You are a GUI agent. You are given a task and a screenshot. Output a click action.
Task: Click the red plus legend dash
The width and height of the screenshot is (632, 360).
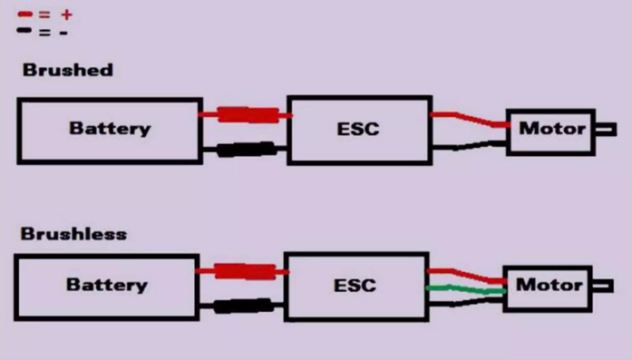click(x=25, y=15)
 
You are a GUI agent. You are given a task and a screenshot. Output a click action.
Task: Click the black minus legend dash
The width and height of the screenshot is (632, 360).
click(x=25, y=31)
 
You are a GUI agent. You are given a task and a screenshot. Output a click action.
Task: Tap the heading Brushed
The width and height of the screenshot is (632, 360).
click(x=67, y=70)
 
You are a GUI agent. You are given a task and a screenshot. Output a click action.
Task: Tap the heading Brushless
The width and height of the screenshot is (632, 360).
click(x=74, y=233)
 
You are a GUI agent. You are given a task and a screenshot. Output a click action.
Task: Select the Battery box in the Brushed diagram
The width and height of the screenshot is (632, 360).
click(x=109, y=129)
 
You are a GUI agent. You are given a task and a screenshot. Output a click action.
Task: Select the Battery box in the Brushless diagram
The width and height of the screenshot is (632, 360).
click(x=107, y=285)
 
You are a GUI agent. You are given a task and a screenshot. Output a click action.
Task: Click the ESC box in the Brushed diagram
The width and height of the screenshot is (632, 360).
click(x=359, y=129)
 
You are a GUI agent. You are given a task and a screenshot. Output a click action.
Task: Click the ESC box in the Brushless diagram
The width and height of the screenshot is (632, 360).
click(x=355, y=285)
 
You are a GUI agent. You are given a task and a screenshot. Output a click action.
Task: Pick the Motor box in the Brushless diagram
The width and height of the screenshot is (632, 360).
click(x=547, y=286)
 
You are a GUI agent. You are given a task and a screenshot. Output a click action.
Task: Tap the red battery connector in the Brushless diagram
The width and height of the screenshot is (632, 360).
click(x=244, y=270)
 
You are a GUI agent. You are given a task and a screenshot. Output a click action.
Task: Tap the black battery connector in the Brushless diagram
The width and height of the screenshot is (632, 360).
click(x=244, y=305)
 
